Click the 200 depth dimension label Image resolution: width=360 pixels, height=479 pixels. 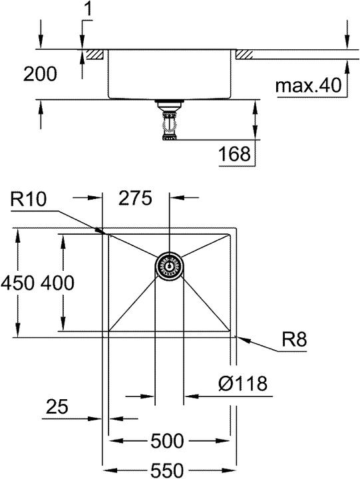click(40, 74)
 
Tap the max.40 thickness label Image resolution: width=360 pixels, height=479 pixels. click(308, 86)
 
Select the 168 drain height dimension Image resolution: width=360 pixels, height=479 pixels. click(235, 154)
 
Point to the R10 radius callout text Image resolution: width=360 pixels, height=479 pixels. click(29, 199)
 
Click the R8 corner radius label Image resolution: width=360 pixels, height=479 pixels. click(294, 339)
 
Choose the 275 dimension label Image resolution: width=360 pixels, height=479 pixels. click(135, 198)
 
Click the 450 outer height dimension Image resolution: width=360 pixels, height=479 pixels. click(17, 283)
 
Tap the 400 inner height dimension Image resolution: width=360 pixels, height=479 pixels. click(57, 283)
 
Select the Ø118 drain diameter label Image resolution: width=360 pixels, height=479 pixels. click(243, 383)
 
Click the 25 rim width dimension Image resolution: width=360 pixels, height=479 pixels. click(57, 406)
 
